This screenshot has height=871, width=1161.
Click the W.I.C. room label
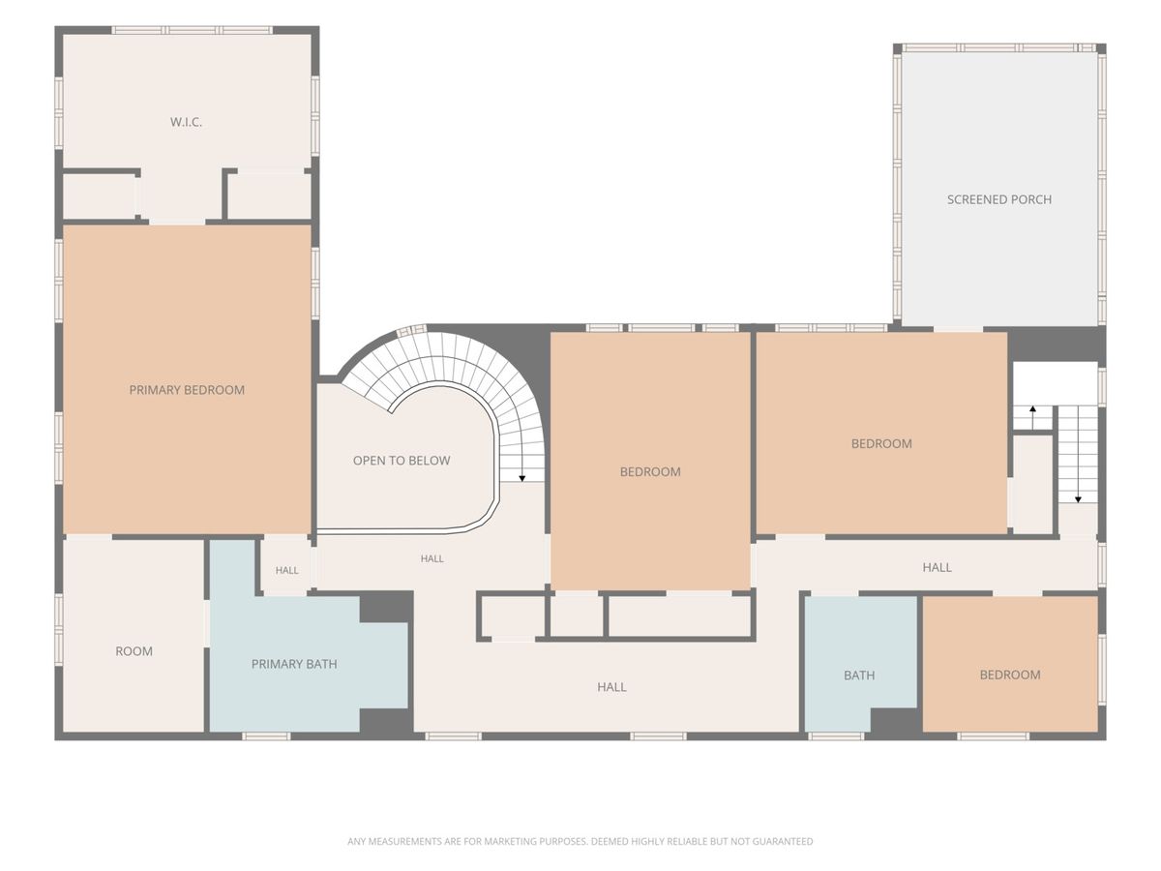pos(186,122)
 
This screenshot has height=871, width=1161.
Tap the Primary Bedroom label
pos(187,390)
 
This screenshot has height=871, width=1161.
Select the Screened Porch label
pos(999,200)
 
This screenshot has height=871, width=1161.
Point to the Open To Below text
pos(402,461)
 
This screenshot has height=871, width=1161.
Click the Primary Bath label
pos(294,664)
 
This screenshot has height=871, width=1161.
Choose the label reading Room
pos(134,651)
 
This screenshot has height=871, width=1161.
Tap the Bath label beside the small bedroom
pos(859,676)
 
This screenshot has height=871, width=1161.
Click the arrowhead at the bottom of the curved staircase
pos(522,479)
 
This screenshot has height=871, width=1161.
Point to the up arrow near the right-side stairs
pos(1032,418)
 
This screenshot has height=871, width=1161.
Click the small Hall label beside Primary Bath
pos(286,570)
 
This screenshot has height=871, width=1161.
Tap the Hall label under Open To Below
pos(432,558)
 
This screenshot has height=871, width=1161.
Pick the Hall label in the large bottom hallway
pos(612,687)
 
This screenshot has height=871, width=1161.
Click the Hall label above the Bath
pos(937,567)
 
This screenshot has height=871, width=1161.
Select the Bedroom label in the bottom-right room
pos(1010,675)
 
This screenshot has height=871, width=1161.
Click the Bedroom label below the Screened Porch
pos(881,443)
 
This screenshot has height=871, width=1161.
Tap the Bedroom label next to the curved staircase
pos(650,471)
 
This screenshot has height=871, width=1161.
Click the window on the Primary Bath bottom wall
pos(266,736)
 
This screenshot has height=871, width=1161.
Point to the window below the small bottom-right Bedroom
pos(993,736)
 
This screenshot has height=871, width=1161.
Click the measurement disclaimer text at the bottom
pos(580,841)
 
